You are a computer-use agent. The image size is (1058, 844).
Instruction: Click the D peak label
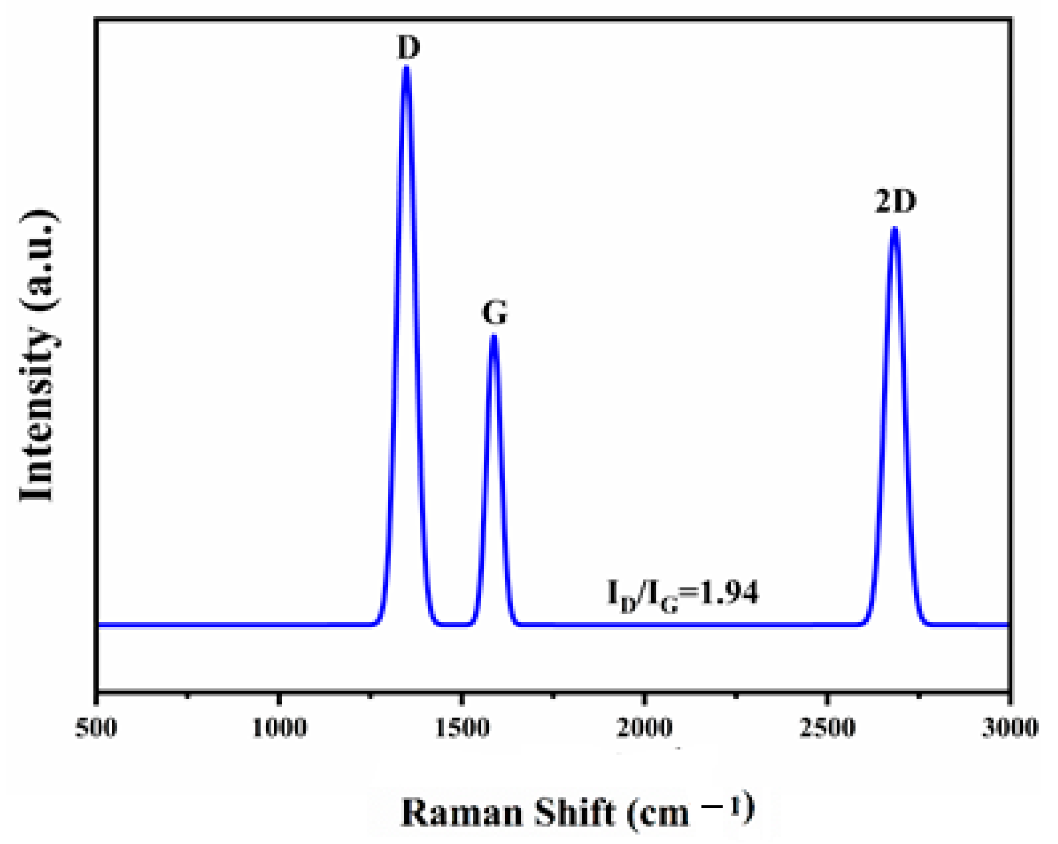[408, 48]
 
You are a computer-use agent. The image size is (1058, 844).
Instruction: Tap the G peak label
[494, 313]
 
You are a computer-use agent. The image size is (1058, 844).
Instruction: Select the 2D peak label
[895, 201]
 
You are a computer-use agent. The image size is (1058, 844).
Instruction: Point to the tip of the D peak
[406, 68]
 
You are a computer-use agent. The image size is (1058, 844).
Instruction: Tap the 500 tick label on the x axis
[96, 727]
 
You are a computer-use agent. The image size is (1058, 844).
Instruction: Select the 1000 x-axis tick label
[279, 727]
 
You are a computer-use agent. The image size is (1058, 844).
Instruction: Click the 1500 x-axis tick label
[462, 727]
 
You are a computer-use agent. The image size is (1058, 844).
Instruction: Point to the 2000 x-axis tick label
[644, 727]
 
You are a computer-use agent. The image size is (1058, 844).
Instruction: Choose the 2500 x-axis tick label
[827, 727]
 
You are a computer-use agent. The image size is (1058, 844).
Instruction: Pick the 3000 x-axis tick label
[1010, 727]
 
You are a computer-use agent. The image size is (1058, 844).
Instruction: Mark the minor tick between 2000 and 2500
[736, 695]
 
